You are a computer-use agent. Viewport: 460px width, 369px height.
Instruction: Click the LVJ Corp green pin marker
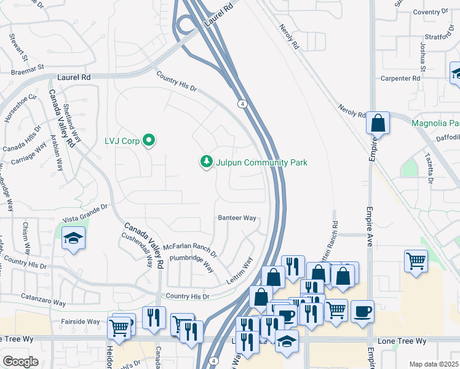pyautogui.click(x=149, y=141)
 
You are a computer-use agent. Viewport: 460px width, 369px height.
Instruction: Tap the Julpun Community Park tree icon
pyautogui.click(x=207, y=162)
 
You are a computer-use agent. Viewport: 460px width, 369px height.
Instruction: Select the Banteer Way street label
pyautogui.click(x=237, y=218)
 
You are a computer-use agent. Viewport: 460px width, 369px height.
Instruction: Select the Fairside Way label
pyautogui.click(x=80, y=321)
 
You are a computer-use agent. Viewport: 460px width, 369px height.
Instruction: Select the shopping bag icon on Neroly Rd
pyautogui.click(x=378, y=123)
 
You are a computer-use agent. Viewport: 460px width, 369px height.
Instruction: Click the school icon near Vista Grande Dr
pyautogui.click(x=73, y=239)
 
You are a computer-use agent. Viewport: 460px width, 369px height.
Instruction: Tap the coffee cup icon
pyautogui.click(x=363, y=311)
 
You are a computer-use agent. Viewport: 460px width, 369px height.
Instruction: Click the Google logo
pyautogui.click(x=21, y=361)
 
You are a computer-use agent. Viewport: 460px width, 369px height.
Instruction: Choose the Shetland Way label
pyautogui.click(x=72, y=123)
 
